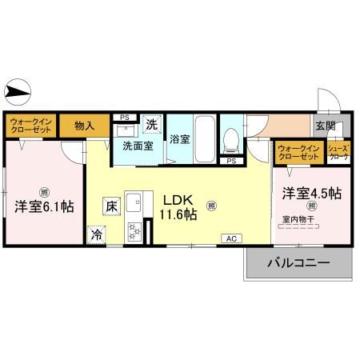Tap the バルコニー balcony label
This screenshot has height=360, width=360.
point(298,262)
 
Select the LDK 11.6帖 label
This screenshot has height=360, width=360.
point(182,206)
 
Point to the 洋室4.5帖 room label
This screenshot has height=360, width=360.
point(311,194)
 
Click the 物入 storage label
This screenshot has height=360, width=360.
point(84,125)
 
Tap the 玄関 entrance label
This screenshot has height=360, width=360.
point(325,126)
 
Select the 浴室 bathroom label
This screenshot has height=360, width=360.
point(179,139)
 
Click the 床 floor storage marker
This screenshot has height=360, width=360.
point(110,205)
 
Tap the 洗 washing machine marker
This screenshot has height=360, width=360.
point(152,124)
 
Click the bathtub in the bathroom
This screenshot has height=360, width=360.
point(204,139)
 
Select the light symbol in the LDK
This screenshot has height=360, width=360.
point(211,205)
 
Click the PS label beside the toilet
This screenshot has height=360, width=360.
point(232,161)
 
